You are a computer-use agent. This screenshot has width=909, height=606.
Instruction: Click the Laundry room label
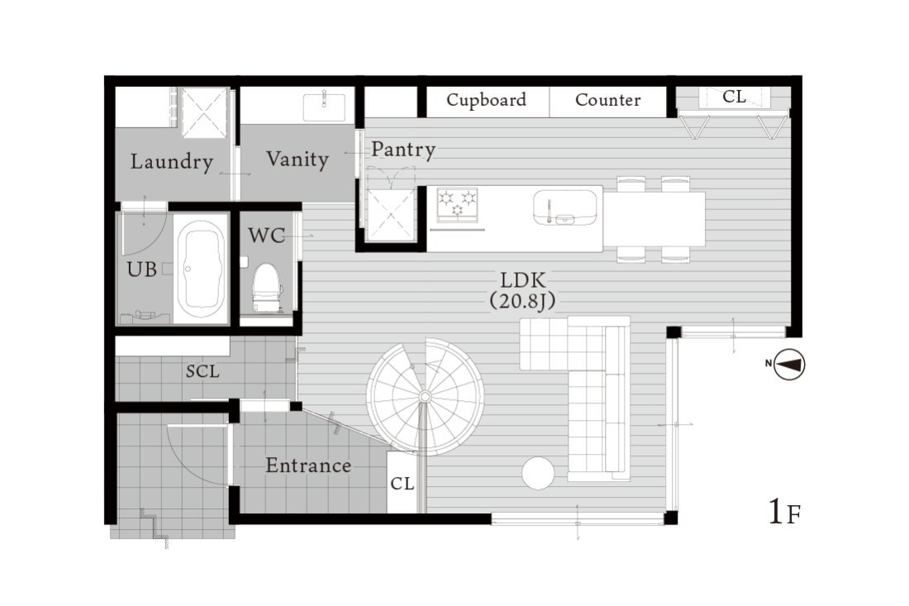pos(172,162)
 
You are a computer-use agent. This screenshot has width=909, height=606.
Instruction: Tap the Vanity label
pos(297,159)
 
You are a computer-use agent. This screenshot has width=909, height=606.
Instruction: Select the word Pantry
pos(403,150)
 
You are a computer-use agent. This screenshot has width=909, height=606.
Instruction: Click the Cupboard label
pos(487,100)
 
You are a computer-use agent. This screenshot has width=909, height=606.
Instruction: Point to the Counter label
pos(608,100)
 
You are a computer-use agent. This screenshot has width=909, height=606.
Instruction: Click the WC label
pos(267,236)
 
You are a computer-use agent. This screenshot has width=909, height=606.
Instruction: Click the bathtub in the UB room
pos(202,272)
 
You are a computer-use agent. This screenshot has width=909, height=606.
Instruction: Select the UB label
pos(142,270)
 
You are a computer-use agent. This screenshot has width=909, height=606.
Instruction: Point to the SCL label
pos(203,371)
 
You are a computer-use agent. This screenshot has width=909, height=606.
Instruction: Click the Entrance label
pos(308,465)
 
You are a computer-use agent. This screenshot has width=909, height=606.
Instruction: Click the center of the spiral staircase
pos(425,397)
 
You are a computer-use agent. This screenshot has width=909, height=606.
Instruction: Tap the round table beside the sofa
pos(538,473)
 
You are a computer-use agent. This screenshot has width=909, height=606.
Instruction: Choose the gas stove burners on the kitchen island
pos(457,205)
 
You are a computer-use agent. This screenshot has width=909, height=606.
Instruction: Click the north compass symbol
pos(789,365)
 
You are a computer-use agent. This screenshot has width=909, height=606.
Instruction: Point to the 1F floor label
pos(784,512)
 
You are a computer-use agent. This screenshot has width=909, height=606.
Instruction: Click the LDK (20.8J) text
pos(523,290)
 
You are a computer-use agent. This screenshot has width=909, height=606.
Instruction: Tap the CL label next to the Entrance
pos(402,484)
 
